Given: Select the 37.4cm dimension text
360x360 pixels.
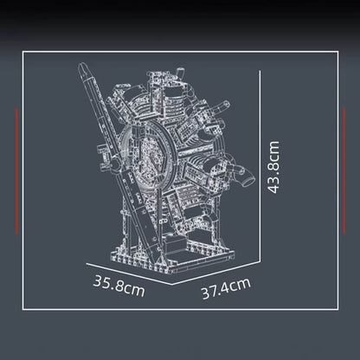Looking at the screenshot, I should (226, 287).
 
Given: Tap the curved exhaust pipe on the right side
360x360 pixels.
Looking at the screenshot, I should (245, 177).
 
